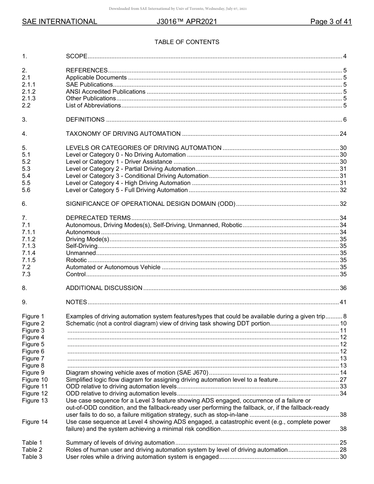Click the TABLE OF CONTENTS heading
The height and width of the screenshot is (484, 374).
(x=187, y=42)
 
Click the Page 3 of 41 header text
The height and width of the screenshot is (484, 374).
(x=331, y=22)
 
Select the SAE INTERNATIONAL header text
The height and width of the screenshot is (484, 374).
(x=59, y=22)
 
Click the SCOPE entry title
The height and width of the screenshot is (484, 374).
(x=76, y=56)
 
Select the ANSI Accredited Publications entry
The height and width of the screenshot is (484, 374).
(x=106, y=92)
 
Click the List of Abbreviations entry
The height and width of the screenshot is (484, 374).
(x=93, y=105)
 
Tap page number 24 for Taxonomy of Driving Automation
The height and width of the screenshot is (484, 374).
(x=343, y=134)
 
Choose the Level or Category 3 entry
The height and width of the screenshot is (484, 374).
(x=137, y=176)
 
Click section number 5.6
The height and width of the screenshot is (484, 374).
(x=26, y=190)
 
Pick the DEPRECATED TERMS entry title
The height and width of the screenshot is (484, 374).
(x=98, y=218)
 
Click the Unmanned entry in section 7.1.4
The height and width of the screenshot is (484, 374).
(x=81, y=253)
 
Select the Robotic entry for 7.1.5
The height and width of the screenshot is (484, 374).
(x=76, y=260)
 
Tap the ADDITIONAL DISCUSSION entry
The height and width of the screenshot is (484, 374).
(x=104, y=288)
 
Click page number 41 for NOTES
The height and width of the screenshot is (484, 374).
(x=343, y=302)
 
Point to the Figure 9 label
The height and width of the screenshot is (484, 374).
(x=33, y=373)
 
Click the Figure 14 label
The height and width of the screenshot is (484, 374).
(x=35, y=422)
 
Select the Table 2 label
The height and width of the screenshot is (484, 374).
(x=32, y=450)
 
